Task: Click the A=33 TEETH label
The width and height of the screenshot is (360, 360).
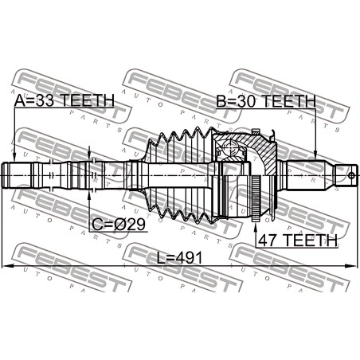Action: [x=64, y=100]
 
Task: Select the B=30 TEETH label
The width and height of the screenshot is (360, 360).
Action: [x=266, y=101]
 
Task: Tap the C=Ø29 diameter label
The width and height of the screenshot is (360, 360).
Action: [x=119, y=225]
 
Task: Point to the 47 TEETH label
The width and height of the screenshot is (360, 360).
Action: [x=298, y=241]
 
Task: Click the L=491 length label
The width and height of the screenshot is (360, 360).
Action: [x=180, y=258]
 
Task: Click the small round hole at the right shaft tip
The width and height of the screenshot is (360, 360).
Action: [x=351, y=175]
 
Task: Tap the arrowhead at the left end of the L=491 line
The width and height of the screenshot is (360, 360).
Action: [x=6, y=265]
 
